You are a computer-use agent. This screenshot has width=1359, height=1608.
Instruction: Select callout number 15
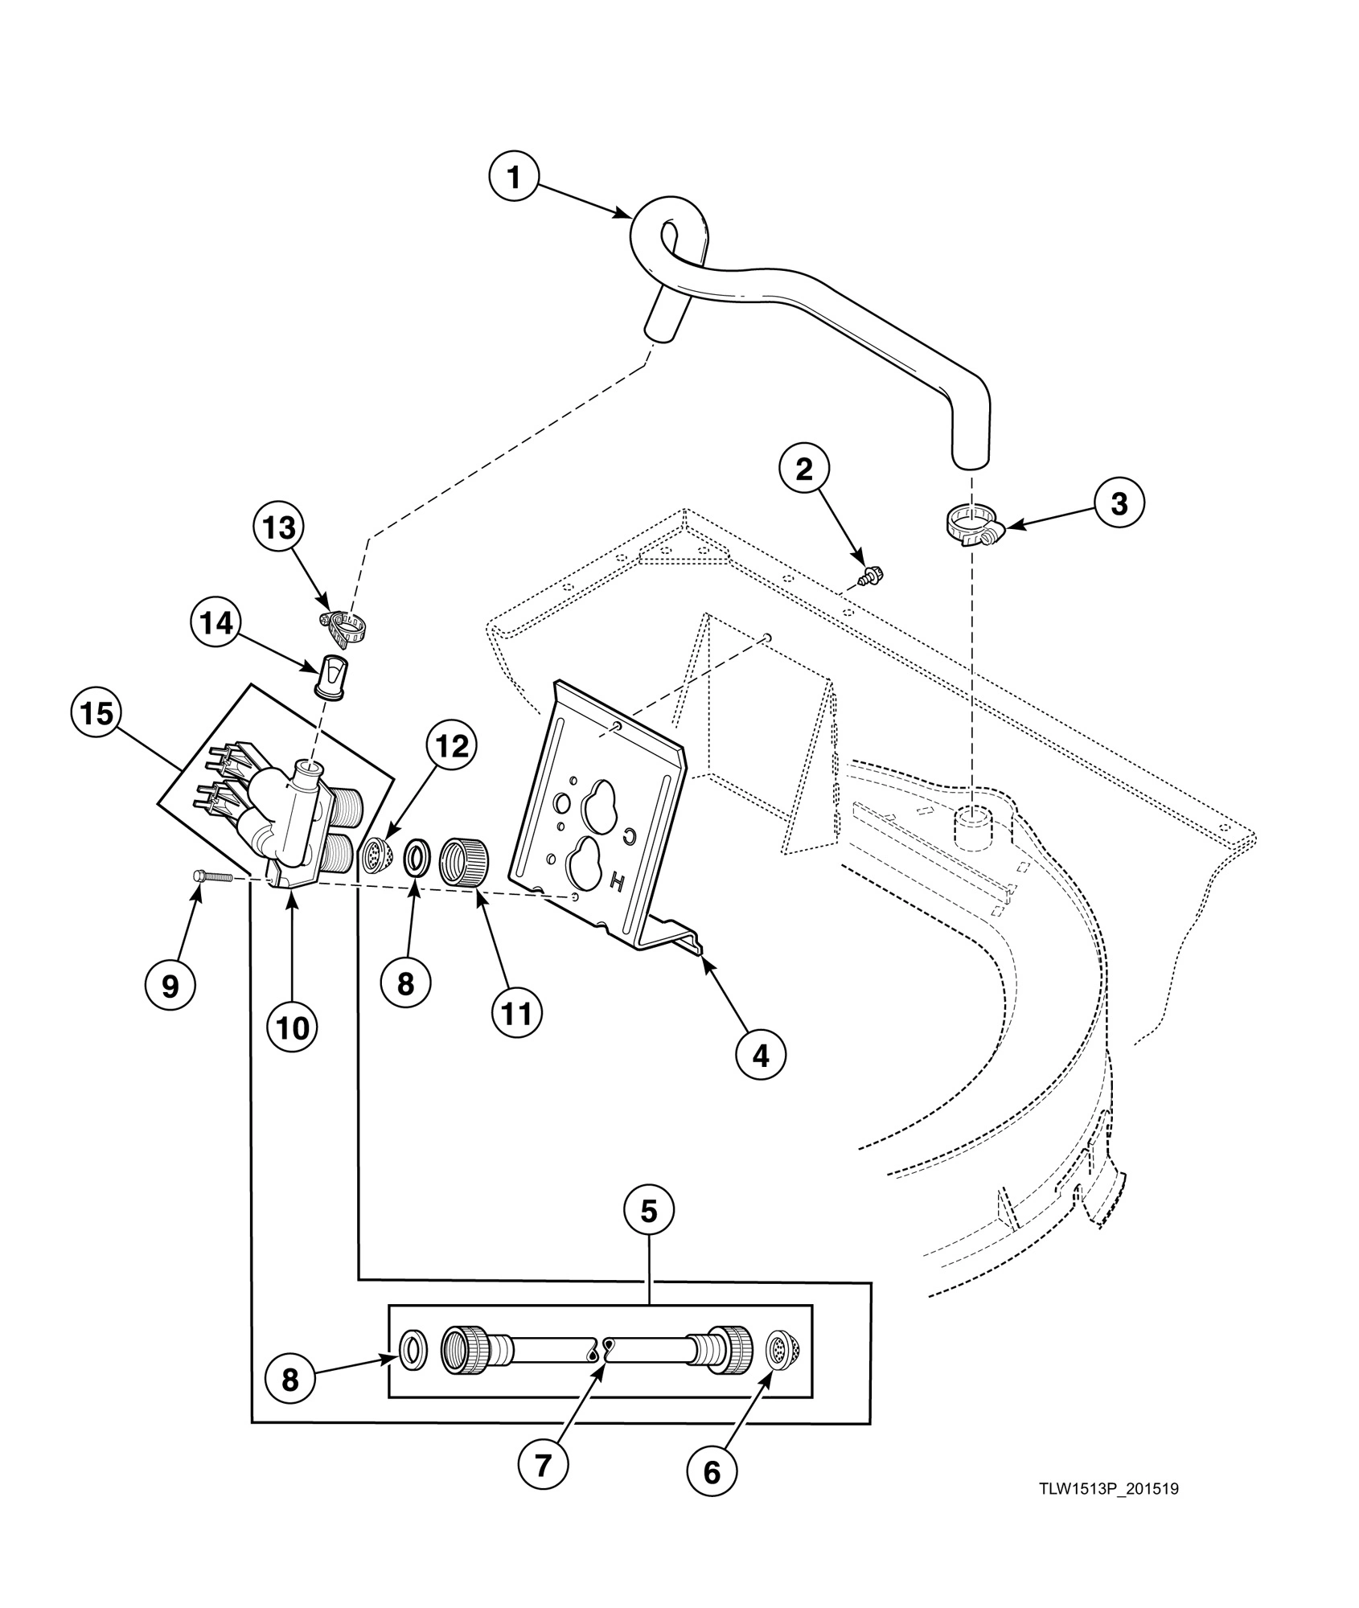96,712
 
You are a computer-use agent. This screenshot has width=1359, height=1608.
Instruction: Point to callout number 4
760,1055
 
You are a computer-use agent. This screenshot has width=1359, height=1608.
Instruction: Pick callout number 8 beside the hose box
290,1380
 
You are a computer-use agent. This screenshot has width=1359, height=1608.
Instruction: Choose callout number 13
277,528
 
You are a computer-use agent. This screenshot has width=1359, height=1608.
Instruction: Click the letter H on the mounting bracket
618,883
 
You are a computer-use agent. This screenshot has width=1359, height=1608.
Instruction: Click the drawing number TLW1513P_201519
1108,1489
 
